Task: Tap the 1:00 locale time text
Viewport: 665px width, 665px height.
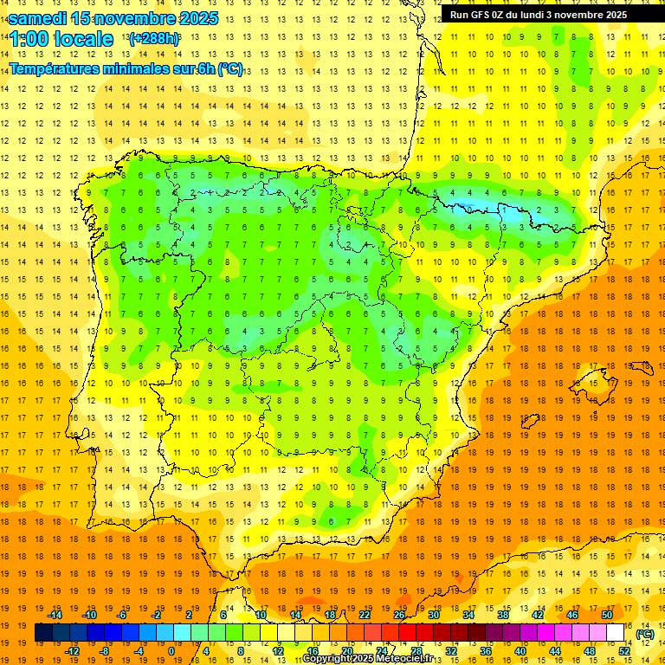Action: (x=61, y=39)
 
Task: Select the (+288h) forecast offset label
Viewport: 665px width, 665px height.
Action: (x=154, y=39)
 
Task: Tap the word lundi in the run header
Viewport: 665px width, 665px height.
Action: (x=542, y=15)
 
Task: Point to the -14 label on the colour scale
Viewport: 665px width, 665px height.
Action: (x=55, y=615)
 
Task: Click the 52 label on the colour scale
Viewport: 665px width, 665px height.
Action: (x=624, y=651)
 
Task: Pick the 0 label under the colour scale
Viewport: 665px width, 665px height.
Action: (x=171, y=651)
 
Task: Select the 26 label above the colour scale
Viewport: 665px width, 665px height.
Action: (x=399, y=615)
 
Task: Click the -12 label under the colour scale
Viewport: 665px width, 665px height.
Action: (x=72, y=651)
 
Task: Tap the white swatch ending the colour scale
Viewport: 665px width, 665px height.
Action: (x=615, y=633)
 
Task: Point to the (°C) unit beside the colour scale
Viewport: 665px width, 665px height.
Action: (x=645, y=634)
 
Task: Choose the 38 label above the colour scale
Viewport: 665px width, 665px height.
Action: (x=502, y=615)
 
